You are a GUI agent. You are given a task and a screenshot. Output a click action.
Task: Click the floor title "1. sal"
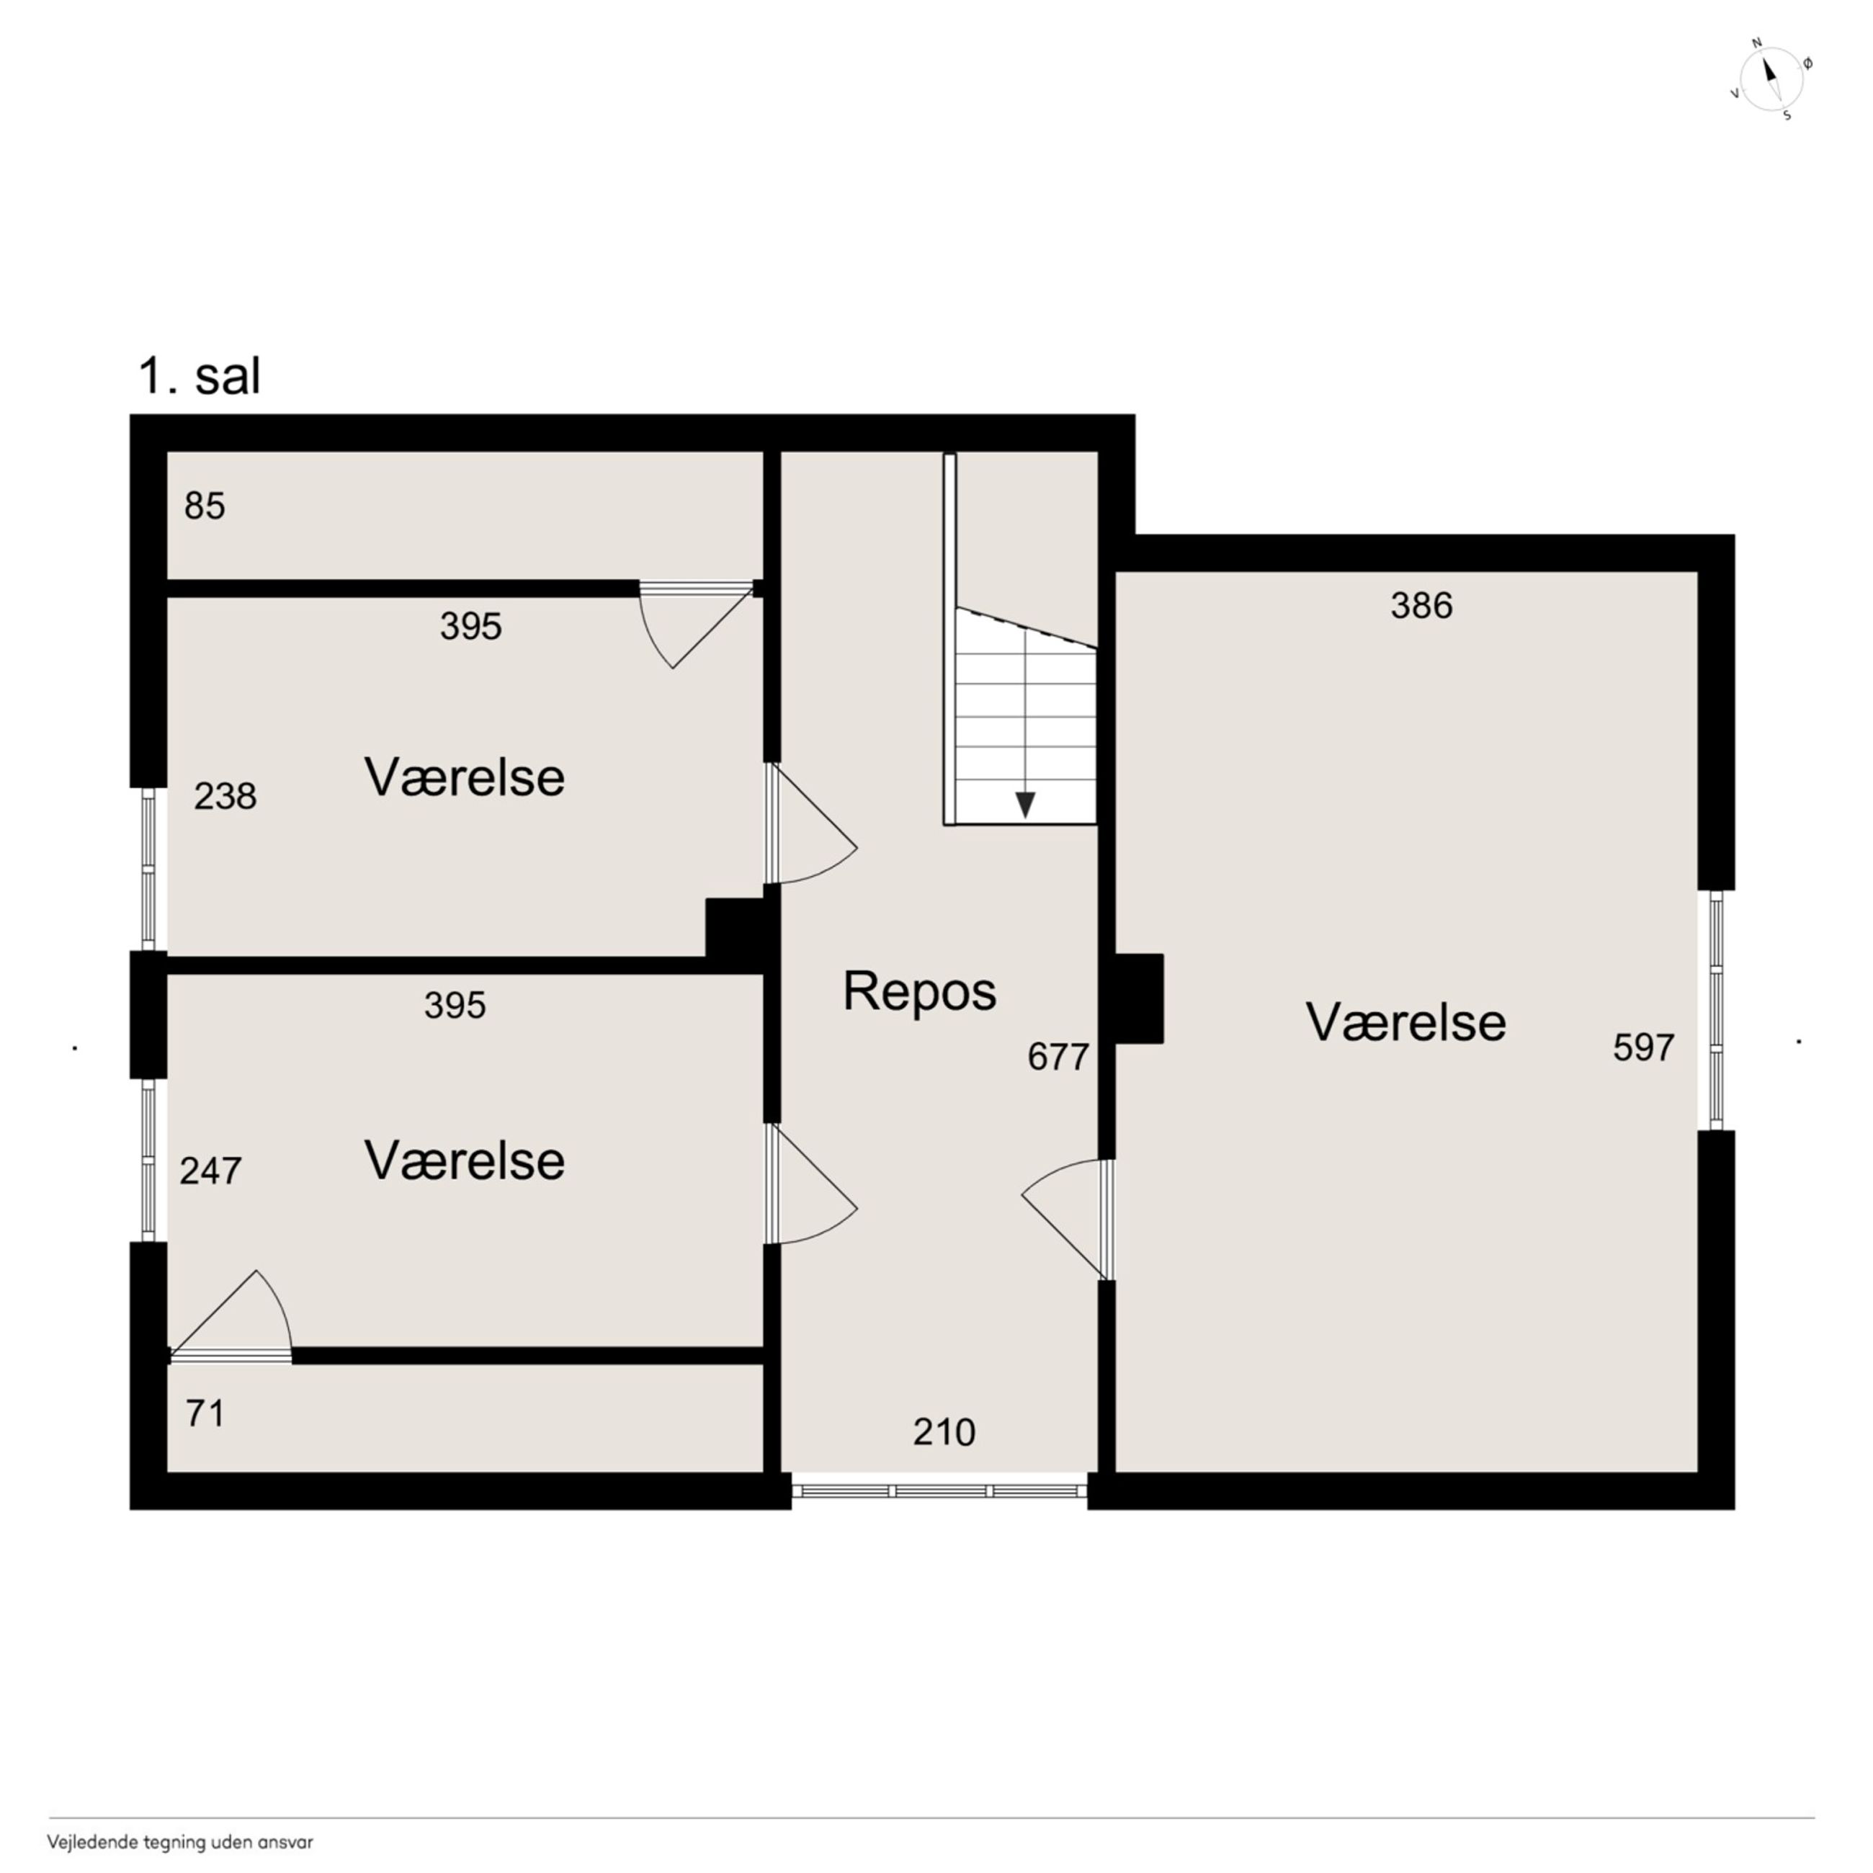(x=200, y=376)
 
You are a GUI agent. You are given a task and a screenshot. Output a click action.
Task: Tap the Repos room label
(x=919, y=991)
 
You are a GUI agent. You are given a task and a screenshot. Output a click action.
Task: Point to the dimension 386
(x=1421, y=606)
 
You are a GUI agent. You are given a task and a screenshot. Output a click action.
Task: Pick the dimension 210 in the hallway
(x=944, y=1432)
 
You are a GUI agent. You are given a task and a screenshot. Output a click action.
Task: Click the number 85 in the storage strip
(x=205, y=506)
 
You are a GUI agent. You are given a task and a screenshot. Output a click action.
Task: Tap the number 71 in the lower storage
(x=205, y=1413)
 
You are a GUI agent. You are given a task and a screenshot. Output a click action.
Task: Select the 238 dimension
(x=225, y=796)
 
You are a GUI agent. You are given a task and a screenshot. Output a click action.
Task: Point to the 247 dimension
(x=210, y=1171)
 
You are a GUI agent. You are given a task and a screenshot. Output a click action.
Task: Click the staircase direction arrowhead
(x=1024, y=805)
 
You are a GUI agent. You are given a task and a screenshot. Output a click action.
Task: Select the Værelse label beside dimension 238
(x=465, y=777)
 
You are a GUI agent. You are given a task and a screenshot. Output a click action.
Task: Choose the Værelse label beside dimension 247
(x=465, y=1161)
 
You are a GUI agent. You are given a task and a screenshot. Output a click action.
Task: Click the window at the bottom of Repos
(x=939, y=1490)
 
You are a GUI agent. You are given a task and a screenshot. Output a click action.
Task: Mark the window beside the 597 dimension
(x=1716, y=1009)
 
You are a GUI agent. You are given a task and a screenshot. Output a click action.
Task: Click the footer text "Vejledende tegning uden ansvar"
(x=180, y=1842)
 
